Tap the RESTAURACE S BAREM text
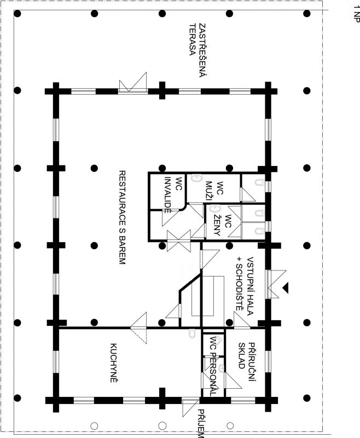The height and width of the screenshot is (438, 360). (x=122, y=217)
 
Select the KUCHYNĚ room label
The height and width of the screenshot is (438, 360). (x=113, y=362)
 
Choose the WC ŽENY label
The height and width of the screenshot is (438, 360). (x=223, y=225)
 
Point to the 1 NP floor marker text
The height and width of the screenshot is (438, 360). (x=356, y=14)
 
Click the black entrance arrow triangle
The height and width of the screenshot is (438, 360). (x=285, y=288)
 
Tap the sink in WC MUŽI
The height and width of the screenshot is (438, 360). (x=197, y=178)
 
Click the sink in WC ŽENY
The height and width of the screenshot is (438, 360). (x=215, y=209)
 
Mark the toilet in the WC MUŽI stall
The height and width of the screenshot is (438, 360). (x=259, y=182)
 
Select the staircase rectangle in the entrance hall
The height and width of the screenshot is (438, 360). (x=207, y=296)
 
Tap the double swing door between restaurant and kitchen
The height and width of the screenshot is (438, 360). (x=138, y=327)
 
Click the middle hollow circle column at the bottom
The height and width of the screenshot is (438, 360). (x=162, y=426)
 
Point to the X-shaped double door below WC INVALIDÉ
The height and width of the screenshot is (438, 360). (x=179, y=240)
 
